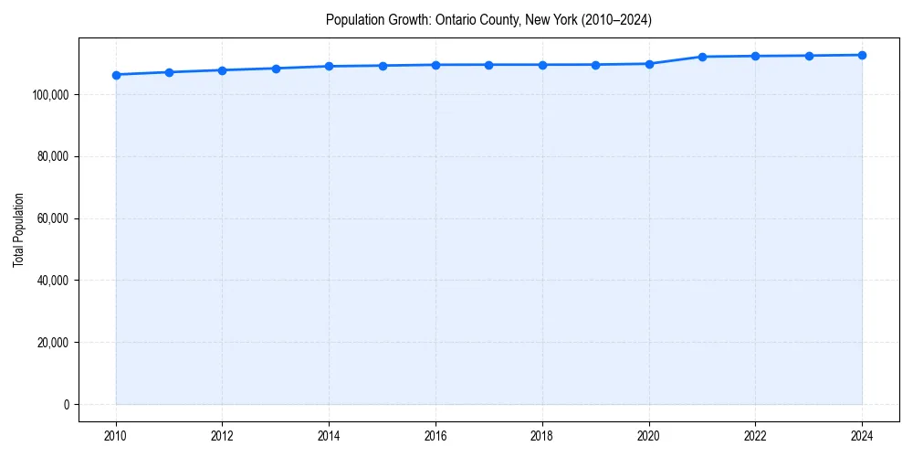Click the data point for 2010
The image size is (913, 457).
pyautogui.click(x=116, y=75)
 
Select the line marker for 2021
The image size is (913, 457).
pyautogui.click(x=702, y=57)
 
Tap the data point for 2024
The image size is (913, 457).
pyautogui.click(x=862, y=55)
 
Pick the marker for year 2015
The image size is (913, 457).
pyautogui.click(x=383, y=66)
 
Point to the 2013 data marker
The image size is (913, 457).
pyautogui.click(x=276, y=69)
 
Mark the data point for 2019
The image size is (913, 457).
pyautogui.click(x=595, y=65)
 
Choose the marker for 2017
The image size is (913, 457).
pyautogui.click(x=489, y=65)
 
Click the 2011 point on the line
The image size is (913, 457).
pyautogui.click(x=169, y=72)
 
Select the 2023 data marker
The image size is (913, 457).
pyautogui.click(x=809, y=56)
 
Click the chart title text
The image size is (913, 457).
pyautogui.click(x=488, y=20)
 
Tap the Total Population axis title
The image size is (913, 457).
pyautogui.click(x=18, y=229)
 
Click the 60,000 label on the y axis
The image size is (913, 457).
pyautogui.click(x=54, y=218)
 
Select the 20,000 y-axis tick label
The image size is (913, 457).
pyautogui.click(x=54, y=343)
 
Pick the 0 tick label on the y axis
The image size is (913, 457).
pyautogui.click(x=67, y=405)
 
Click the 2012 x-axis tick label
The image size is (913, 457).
pyautogui.click(x=222, y=436)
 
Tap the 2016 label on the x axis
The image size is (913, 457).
pyautogui.click(x=436, y=436)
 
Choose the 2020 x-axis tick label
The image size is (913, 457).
pyautogui.click(x=649, y=436)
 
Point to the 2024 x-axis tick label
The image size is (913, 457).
pyautogui.click(x=862, y=436)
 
